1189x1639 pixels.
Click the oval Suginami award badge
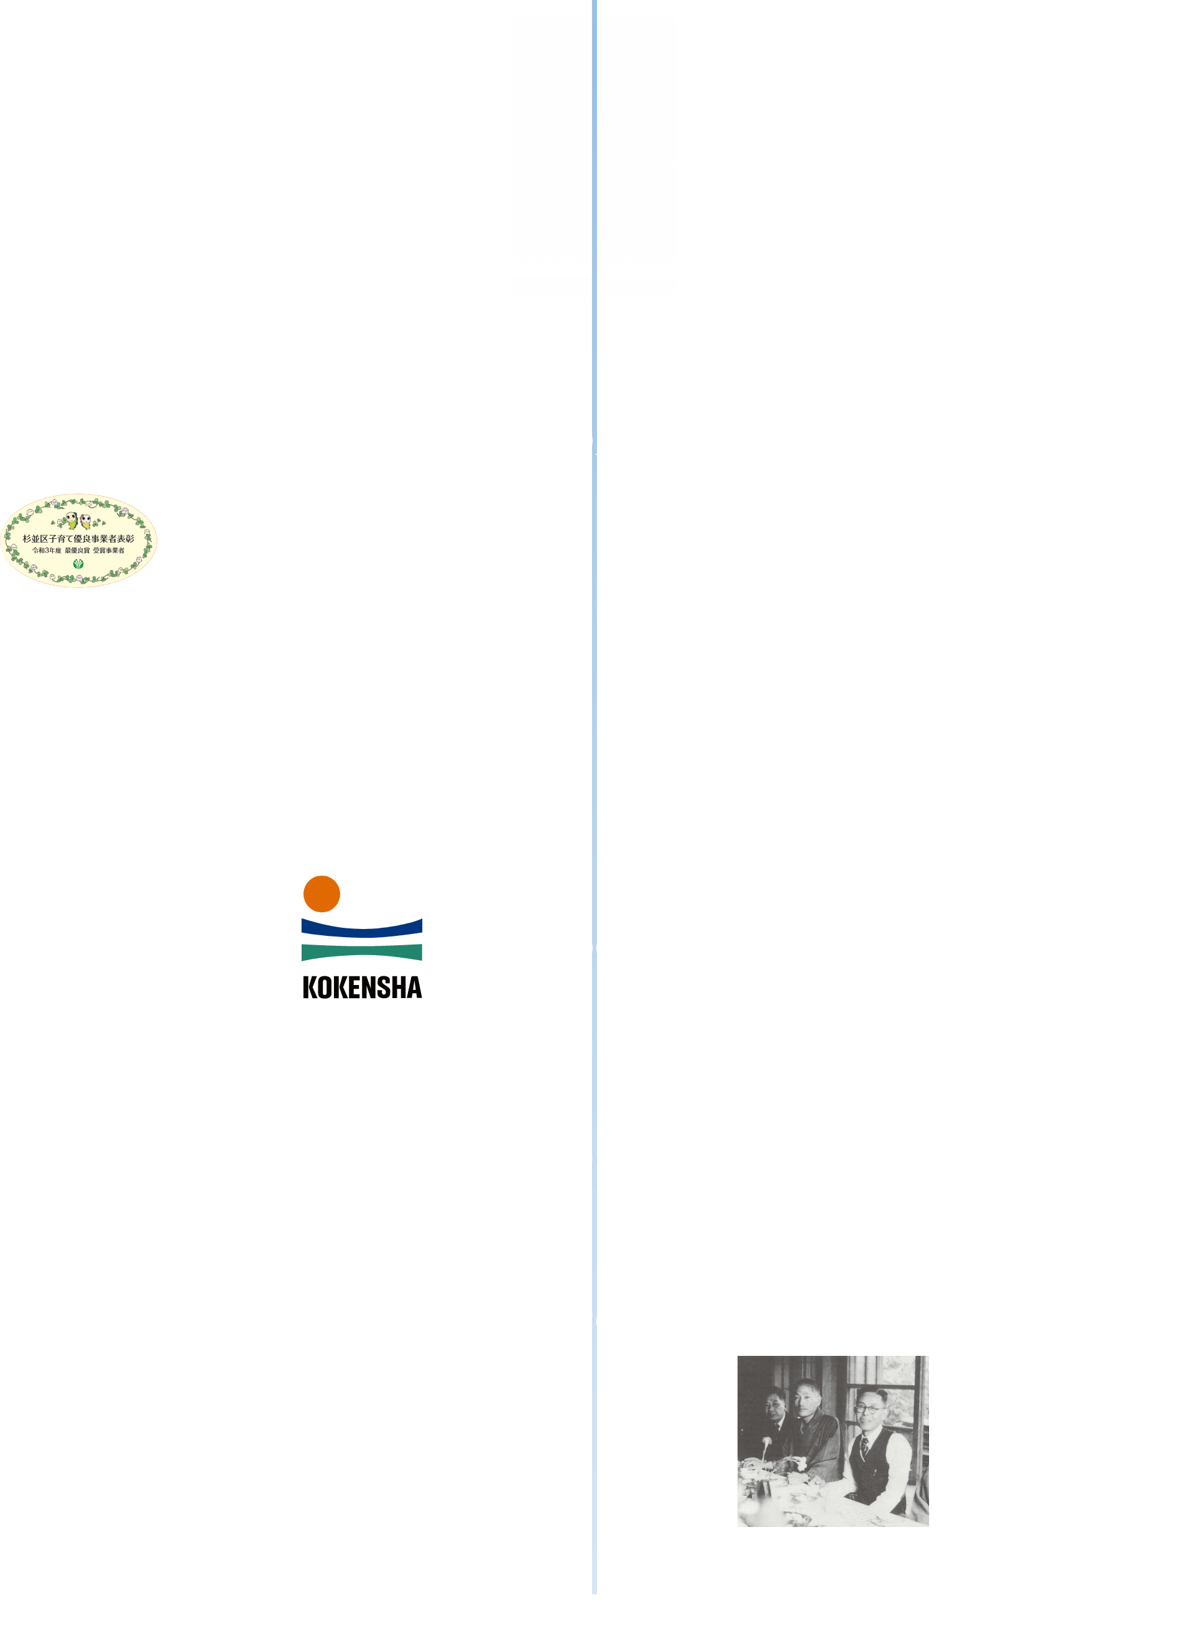[x=79, y=541]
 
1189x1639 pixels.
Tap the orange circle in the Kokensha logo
[x=322, y=894]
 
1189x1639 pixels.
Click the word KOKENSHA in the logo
[x=362, y=987]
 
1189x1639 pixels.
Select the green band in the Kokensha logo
[x=361, y=953]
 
